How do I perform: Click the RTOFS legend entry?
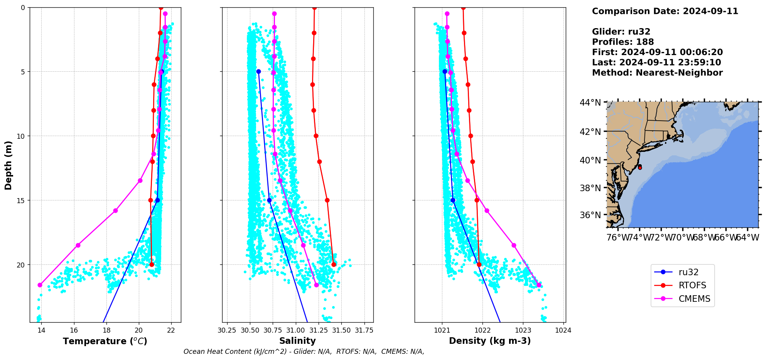[x=692, y=286]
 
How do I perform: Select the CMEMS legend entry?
[x=694, y=299]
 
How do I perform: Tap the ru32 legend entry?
[x=688, y=272]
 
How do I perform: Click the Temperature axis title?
[x=105, y=341]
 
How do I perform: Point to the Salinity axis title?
[x=297, y=341]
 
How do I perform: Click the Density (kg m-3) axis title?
[x=490, y=341]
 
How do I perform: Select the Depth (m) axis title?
[x=8, y=165]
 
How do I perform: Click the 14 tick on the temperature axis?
[x=41, y=330]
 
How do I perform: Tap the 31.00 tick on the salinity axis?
[x=296, y=330]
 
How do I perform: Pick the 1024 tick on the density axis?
[x=563, y=330]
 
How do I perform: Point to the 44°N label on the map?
[x=590, y=103]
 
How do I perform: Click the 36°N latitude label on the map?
[x=590, y=215]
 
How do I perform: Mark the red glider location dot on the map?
[x=640, y=167]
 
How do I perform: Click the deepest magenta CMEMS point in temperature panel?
[x=40, y=285]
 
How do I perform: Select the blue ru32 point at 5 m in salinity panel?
[x=258, y=71]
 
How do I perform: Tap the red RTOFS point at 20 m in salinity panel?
[x=334, y=264]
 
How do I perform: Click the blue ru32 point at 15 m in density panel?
[x=453, y=200]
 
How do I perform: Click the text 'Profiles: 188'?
[x=623, y=42]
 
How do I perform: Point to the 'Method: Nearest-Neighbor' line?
[x=657, y=73]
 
